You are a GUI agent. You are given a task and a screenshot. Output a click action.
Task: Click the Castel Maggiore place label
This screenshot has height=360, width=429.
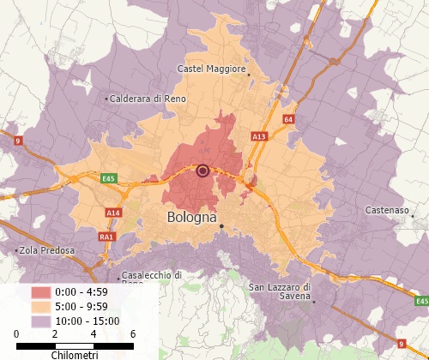coord(211,68)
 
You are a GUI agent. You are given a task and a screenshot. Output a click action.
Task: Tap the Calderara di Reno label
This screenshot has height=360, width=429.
coord(147,99)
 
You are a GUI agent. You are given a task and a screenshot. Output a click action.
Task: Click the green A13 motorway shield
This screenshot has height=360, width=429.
coord(259,136)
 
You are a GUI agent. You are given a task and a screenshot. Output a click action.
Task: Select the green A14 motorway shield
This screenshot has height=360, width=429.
coord(113,212)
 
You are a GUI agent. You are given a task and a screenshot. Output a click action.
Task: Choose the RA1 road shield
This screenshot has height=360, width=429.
coord(106,237)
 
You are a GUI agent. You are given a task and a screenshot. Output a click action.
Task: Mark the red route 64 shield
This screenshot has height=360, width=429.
coord(288,119)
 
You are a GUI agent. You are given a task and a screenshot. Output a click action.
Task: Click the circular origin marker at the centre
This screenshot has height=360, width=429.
coord(202,171)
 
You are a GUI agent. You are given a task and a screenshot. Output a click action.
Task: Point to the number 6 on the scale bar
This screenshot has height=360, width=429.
coord(132,333)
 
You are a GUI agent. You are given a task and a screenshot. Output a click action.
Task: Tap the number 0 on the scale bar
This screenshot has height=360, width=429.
coord(16,333)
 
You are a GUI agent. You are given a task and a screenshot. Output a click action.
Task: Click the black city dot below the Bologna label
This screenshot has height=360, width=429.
coord(221,226)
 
